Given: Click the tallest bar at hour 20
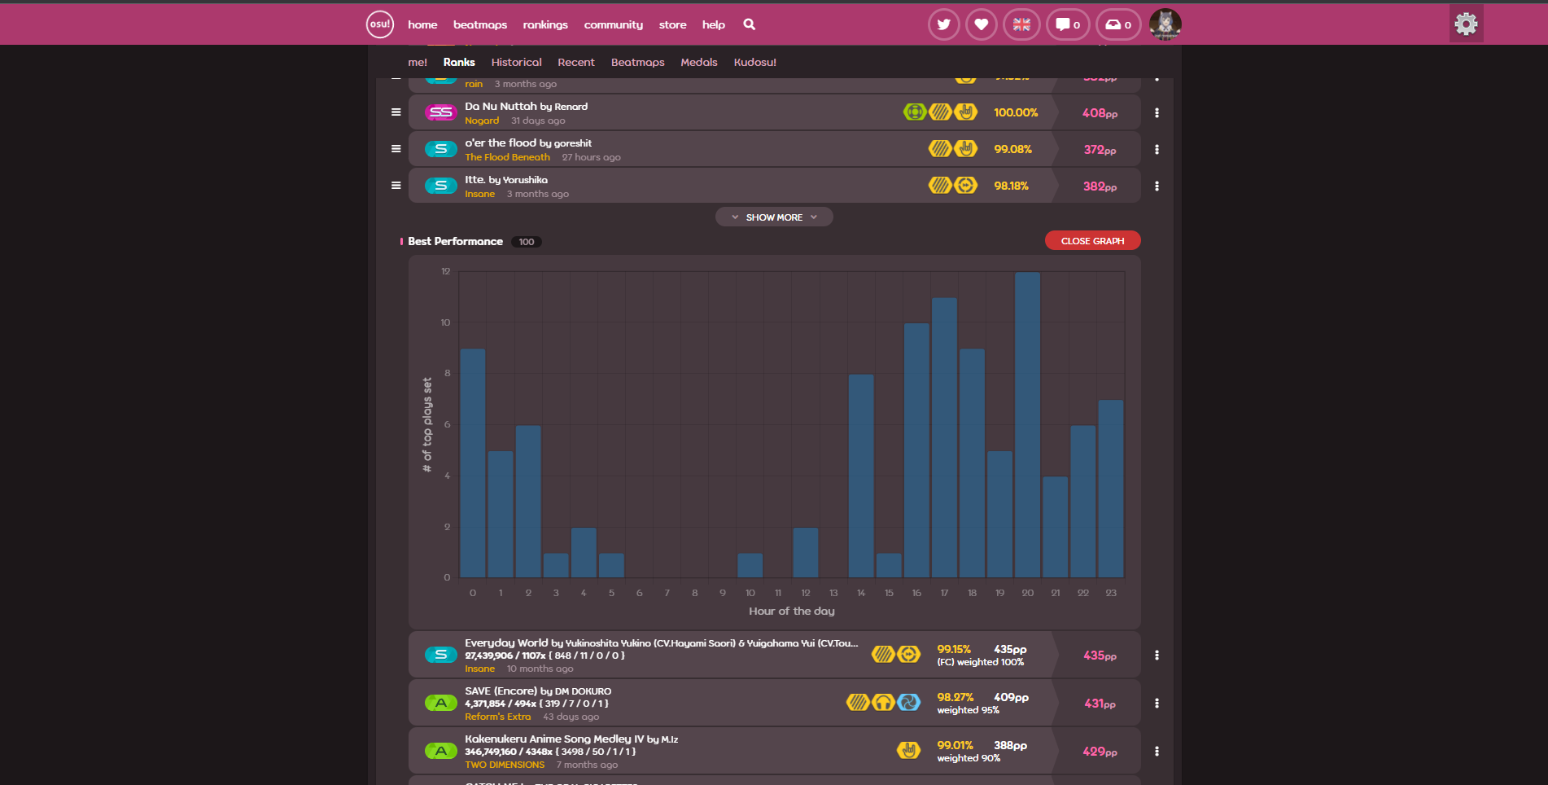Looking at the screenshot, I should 1027,425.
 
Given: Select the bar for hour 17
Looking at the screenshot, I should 944,438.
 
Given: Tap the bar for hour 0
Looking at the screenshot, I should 473,463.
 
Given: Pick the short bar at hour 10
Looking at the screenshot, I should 750,566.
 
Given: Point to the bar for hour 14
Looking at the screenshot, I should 861,476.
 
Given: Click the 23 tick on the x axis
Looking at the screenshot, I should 1111,593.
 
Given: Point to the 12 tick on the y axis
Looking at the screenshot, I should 446,271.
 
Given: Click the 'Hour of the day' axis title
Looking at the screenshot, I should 791,611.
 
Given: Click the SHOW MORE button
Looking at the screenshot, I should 774,217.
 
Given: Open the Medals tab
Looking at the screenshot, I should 699,63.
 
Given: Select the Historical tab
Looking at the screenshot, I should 516,63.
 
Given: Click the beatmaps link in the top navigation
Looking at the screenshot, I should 480,25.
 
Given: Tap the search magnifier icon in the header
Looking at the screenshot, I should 750,24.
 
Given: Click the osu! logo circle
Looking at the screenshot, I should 380,24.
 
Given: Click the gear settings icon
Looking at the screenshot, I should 1466,24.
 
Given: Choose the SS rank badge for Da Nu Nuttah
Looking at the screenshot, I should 441,112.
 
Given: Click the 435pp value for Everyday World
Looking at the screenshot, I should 1100,656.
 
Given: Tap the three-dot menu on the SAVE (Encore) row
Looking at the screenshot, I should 1157,703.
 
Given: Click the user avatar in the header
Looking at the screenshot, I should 1165,24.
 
